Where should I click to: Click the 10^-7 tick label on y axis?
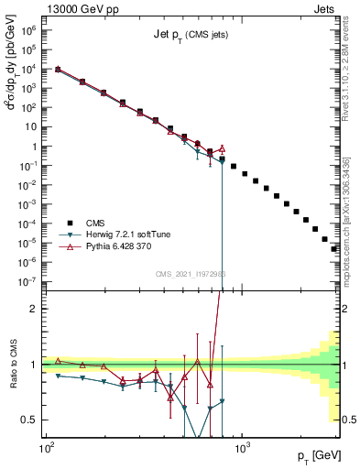[29, 281]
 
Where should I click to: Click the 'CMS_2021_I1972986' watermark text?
[191, 273]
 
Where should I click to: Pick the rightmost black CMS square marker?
[334, 248]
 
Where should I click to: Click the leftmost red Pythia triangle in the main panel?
[59, 69]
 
